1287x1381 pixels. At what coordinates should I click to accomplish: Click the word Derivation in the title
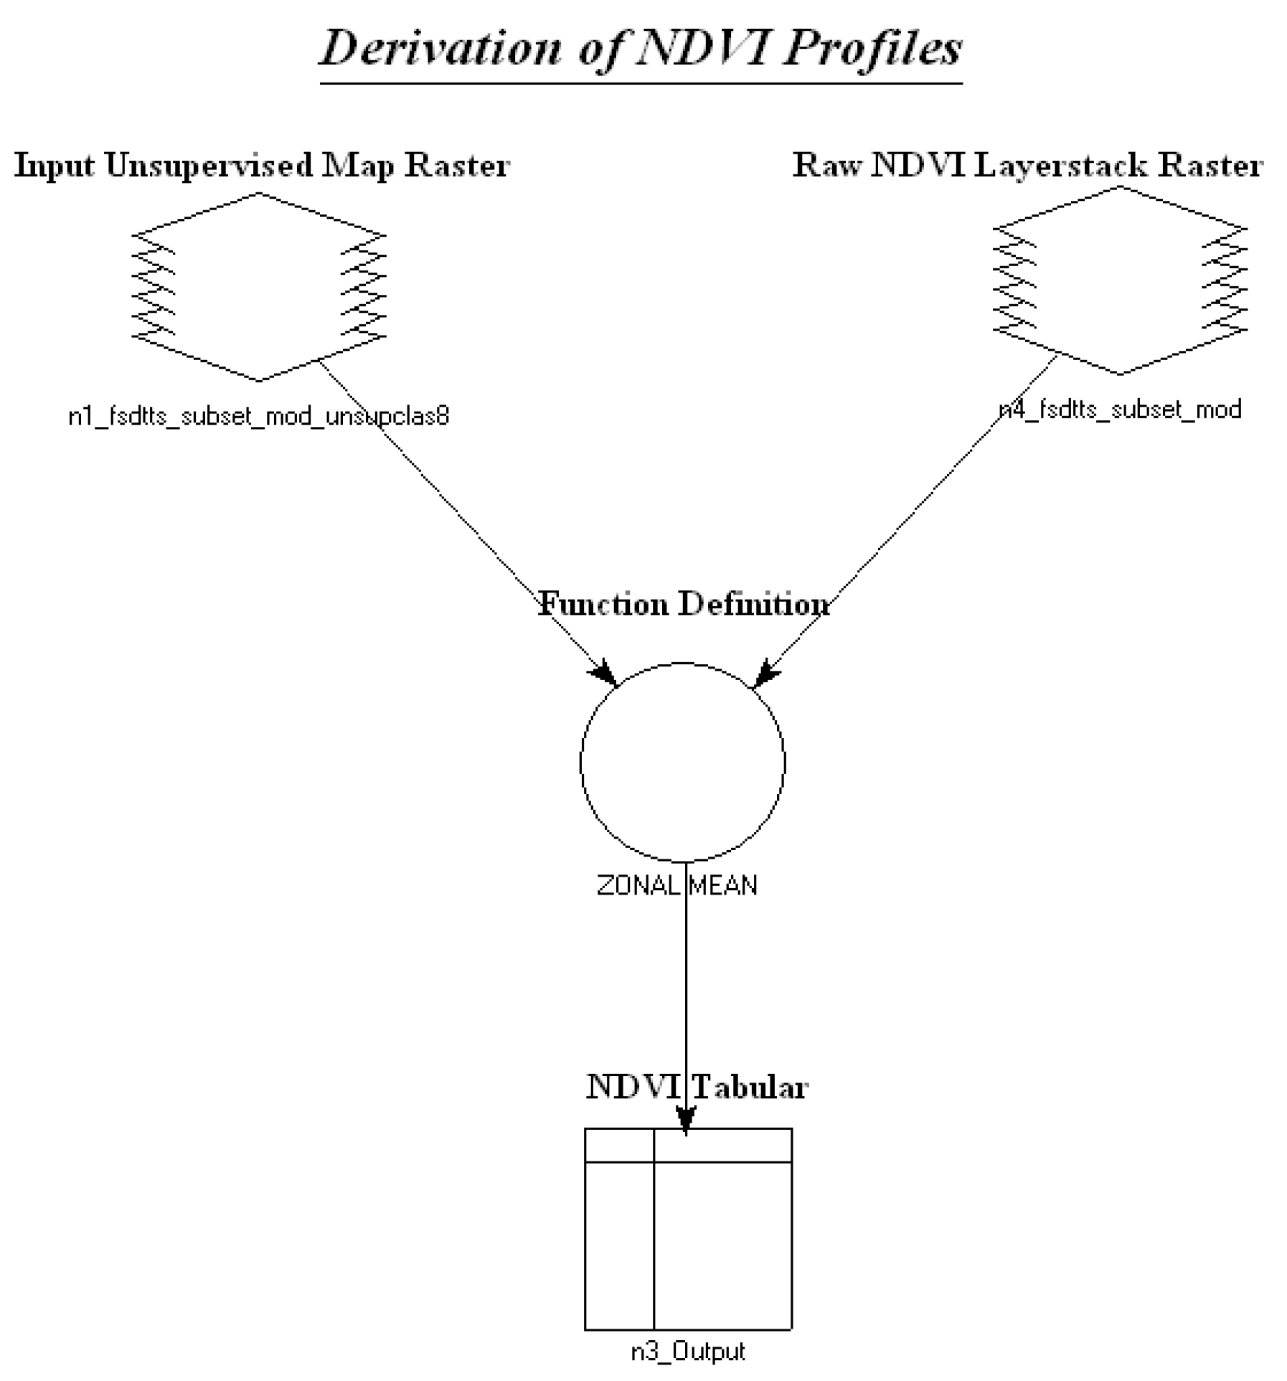click(x=439, y=49)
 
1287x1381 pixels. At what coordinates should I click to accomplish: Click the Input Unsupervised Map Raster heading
click(x=262, y=166)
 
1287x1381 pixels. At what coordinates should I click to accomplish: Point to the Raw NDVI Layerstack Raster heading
click(x=1027, y=166)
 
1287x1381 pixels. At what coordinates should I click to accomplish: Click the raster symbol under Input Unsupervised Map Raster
click(x=258, y=286)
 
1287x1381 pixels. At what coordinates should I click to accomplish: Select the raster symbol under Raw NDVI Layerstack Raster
click(x=1119, y=281)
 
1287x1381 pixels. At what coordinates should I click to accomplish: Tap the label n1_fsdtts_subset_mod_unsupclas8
click(x=258, y=416)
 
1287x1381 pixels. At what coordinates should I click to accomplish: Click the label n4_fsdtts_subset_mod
click(x=1120, y=410)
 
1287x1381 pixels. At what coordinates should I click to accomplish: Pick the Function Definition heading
click(x=684, y=604)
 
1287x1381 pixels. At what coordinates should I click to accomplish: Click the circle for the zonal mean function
click(x=682, y=762)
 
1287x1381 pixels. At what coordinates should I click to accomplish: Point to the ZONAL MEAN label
click(x=676, y=886)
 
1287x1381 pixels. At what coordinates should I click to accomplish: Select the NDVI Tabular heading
click(x=697, y=1087)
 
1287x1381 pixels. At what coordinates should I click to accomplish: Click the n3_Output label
click(x=687, y=1352)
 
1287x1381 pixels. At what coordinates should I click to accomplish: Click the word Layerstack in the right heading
click(x=1068, y=166)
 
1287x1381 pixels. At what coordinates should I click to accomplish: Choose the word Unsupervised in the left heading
click(x=209, y=166)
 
